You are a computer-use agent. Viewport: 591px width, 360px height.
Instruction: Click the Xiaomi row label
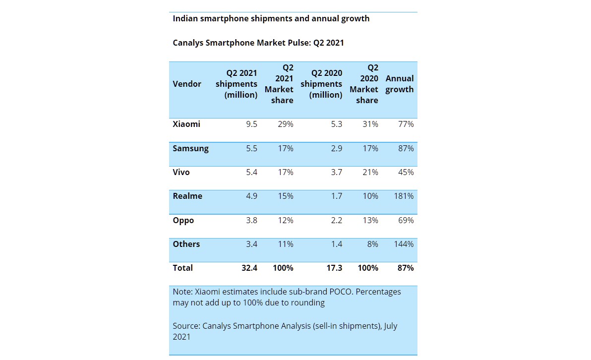click(x=186, y=124)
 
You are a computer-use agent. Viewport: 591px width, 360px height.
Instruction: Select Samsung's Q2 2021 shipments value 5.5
click(x=251, y=148)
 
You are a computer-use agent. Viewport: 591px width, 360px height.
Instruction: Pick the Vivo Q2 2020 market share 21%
click(x=370, y=172)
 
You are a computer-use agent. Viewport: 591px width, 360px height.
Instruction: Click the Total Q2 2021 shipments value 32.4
click(x=248, y=268)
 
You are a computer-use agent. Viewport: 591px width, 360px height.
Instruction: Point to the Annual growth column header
click(x=399, y=84)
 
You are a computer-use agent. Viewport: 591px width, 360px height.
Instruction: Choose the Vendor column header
click(x=187, y=84)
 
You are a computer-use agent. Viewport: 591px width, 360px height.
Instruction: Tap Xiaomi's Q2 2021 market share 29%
click(x=285, y=124)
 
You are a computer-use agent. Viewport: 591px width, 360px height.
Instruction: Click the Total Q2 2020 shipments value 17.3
click(x=333, y=268)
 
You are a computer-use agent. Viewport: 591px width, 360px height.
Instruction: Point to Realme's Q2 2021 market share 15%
click(x=285, y=196)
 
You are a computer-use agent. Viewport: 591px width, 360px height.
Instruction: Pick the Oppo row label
click(x=183, y=220)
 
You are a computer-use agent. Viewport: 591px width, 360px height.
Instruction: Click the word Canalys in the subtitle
click(x=188, y=43)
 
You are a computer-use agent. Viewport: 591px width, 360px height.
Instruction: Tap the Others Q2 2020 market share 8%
click(x=372, y=244)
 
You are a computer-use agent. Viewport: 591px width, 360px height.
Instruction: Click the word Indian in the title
click(x=185, y=18)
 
